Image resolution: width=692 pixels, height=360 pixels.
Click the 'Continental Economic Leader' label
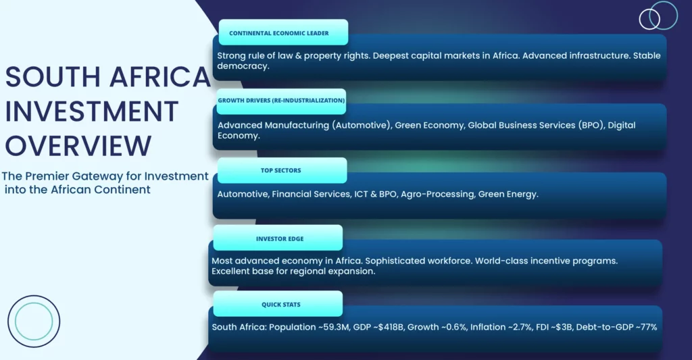[279, 33]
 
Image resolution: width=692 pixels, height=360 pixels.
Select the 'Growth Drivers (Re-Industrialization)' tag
[281, 101]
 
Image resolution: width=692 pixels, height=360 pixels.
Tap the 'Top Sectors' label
[280, 170]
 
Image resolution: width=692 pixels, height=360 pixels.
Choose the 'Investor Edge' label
[280, 238]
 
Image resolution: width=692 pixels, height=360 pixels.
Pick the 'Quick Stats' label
[280, 305]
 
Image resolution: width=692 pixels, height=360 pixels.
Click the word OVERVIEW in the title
[78, 146]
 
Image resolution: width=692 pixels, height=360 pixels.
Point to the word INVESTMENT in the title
[92, 111]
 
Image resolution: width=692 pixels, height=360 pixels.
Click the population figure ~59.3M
[333, 327]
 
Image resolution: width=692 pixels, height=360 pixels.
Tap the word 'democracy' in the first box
[243, 66]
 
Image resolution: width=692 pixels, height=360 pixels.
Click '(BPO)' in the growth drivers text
[591, 126]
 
